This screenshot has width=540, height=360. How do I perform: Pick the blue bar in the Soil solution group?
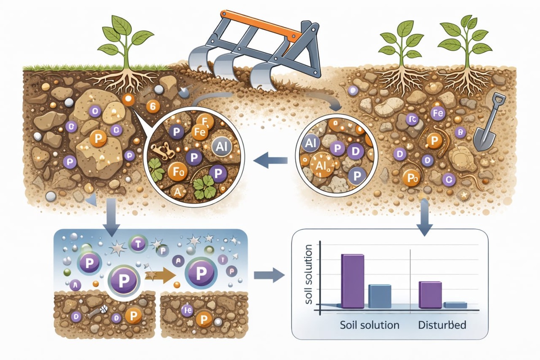tap(380, 296)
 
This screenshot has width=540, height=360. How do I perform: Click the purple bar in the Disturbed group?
tap(430, 295)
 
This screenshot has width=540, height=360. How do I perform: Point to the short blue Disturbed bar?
tap(455, 305)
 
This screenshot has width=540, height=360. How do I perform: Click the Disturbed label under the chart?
tap(441, 324)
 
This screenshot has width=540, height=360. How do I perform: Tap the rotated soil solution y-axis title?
tap(309, 274)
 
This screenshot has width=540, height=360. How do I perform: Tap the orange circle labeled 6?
tap(153, 107)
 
